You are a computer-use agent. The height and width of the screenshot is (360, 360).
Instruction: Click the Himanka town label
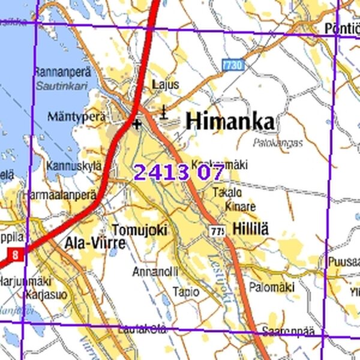pos(230,121)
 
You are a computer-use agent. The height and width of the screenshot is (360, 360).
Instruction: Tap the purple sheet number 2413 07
pos(179,172)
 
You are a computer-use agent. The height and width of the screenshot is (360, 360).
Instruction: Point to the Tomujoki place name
pos(139,230)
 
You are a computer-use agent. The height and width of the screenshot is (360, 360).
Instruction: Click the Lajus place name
pos(166,85)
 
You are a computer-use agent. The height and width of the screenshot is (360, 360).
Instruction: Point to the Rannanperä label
pos(61,72)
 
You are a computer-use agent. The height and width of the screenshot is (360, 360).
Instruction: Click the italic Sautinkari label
pos(61,86)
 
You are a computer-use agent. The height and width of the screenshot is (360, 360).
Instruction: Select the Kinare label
pos(241,206)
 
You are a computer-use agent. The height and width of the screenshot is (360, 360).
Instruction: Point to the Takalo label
pos(227,193)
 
